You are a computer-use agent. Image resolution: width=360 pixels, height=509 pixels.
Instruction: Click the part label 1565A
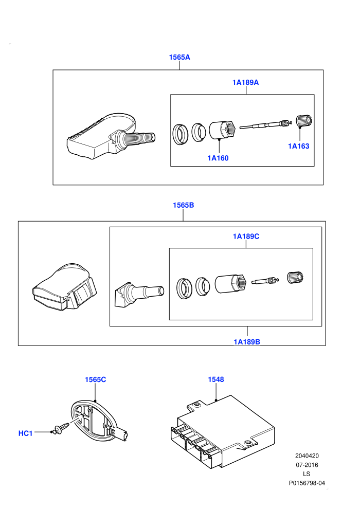click(x=179, y=57)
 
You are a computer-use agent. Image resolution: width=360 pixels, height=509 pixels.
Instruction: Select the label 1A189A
click(x=245, y=82)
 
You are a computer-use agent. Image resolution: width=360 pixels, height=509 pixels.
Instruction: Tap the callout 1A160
click(x=218, y=158)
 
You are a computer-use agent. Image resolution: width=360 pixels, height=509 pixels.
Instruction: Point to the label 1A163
click(x=299, y=146)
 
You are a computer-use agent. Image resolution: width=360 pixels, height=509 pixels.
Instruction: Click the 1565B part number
click(x=184, y=205)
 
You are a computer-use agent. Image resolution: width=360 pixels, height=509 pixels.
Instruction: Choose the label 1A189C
click(x=246, y=237)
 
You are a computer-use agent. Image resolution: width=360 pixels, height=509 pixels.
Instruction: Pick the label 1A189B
click(x=247, y=342)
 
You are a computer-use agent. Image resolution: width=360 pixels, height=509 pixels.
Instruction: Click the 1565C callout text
click(x=96, y=379)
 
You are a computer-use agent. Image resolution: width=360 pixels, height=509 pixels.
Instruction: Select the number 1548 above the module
click(x=216, y=379)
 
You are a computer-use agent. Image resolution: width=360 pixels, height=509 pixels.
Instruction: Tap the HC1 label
click(x=25, y=433)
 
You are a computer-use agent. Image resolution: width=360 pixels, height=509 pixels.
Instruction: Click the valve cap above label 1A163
click(x=304, y=121)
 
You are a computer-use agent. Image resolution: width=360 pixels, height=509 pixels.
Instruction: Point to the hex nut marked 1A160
click(x=222, y=130)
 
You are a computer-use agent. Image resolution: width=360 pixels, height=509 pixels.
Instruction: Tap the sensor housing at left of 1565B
click(x=64, y=287)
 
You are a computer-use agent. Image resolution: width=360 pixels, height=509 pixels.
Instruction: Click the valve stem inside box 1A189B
click(x=139, y=294)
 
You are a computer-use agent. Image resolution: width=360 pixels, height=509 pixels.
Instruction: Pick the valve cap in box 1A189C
click(x=295, y=277)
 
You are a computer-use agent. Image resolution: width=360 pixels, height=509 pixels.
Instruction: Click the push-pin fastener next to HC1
click(x=61, y=428)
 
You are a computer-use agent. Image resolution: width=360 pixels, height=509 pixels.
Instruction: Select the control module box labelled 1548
click(x=223, y=432)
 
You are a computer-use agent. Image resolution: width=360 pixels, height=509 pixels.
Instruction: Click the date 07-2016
click(x=307, y=465)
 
